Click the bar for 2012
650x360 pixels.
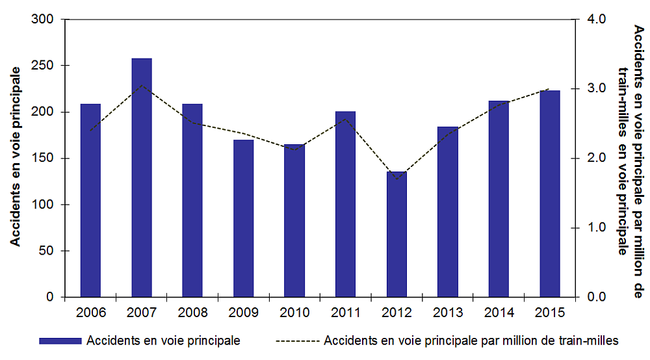396,234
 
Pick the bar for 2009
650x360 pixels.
244,218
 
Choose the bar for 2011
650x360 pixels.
346,204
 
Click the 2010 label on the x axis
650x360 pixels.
294,313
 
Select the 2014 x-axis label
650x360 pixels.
499,313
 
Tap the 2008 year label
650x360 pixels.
192,313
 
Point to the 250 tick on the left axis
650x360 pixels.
46,66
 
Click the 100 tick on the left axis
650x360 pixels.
46,205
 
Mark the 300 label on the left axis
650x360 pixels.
46,19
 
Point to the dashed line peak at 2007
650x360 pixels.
142,85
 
